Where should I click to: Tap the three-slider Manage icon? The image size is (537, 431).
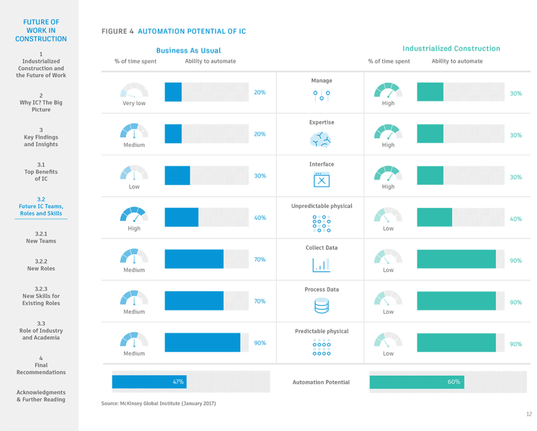(x=321, y=96)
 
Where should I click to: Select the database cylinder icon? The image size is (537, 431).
(x=321, y=305)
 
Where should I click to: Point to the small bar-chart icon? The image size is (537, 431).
(x=321, y=264)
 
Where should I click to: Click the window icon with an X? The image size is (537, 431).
(x=321, y=179)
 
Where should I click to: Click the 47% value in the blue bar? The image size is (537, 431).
(x=178, y=381)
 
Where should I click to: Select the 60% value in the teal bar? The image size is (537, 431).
(x=454, y=381)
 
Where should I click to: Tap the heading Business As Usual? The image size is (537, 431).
(x=188, y=50)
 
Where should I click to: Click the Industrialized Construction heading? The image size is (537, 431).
(x=451, y=48)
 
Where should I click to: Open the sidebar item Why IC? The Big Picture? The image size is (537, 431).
(x=41, y=102)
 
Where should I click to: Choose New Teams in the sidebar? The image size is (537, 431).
(x=41, y=237)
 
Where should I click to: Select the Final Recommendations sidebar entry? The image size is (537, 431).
(x=41, y=369)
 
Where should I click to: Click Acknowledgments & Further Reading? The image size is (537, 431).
(x=41, y=396)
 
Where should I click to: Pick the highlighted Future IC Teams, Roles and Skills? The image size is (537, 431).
(x=41, y=206)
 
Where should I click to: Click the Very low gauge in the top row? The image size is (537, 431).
(x=134, y=92)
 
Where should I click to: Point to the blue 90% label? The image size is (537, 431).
(x=259, y=343)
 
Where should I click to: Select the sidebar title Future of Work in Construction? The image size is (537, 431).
(x=41, y=31)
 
